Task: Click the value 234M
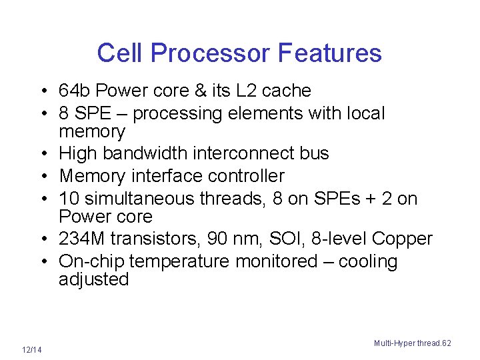pos(81,239)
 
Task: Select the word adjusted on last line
pos(93,279)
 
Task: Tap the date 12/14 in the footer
pos(31,350)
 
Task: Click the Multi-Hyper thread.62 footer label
pos(412,343)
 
